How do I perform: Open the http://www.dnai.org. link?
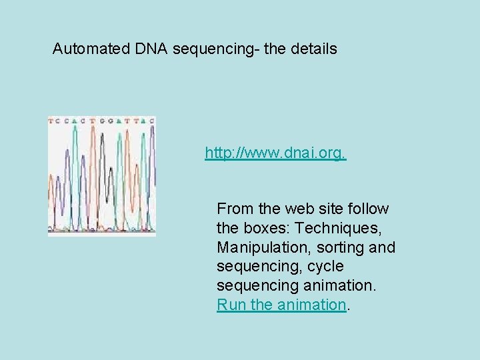[275, 153]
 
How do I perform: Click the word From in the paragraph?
[234, 209]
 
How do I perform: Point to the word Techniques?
[342, 228]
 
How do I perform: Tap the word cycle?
[325, 267]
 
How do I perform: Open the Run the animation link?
[281, 305]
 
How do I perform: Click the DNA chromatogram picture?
[102, 177]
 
